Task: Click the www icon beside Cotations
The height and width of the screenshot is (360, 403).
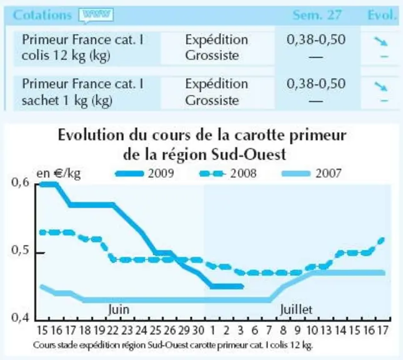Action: click(x=96, y=15)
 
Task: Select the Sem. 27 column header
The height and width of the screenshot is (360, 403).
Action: click(x=317, y=15)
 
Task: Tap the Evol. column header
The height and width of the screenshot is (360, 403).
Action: click(x=382, y=15)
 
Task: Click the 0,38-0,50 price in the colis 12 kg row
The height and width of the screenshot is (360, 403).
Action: click(x=316, y=39)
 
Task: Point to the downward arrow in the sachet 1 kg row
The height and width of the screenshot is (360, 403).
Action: click(x=381, y=86)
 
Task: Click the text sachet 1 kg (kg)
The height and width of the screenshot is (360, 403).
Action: click(x=67, y=101)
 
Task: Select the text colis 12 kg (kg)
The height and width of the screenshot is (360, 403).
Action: click(x=66, y=56)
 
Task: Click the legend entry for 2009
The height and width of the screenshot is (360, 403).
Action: click(x=145, y=174)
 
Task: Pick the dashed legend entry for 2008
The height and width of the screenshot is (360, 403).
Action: click(x=228, y=174)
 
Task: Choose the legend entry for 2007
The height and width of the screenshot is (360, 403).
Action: click(x=312, y=174)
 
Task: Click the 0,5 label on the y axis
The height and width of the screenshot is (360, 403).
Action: click(x=21, y=250)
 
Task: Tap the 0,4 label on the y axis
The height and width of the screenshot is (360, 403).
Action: click(x=21, y=318)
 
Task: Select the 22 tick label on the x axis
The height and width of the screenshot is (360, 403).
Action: click(x=113, y=330)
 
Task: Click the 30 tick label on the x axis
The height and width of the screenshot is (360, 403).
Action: click(x=198, y=330)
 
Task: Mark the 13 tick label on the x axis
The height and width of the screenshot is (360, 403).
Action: click(x=326, y=330)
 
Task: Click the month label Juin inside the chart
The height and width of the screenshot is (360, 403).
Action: click(x=119, y=309)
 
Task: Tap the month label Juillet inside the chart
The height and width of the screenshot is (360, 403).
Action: click(x=296, y=309)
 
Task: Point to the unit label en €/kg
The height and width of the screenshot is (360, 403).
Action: click(x=59, y=174)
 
